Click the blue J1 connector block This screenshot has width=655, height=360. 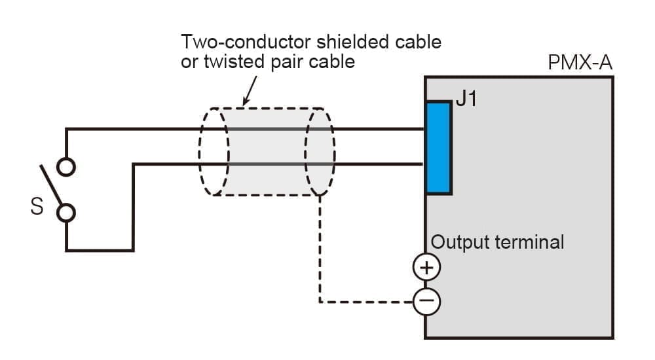click(439, 148)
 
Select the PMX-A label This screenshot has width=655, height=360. click(580, 64)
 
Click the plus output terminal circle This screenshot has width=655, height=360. click(426, 267)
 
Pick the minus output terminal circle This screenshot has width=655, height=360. click(426, 301)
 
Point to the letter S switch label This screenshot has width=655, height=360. click(37, 208)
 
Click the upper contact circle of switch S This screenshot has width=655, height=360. click(66, 168)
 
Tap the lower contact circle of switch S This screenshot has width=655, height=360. click(66, 213)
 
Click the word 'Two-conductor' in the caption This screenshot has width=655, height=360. click(246, 43)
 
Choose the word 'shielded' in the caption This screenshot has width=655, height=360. click(354, 43)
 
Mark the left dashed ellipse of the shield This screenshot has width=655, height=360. click(214, 151)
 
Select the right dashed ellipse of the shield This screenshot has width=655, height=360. click(320, 151)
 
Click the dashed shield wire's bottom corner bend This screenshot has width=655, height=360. click(320, 302)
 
